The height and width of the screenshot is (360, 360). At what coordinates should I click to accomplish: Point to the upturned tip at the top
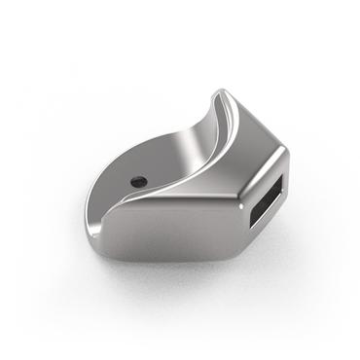point(218,91)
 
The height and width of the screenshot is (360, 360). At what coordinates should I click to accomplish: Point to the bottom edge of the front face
point(175,261)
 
